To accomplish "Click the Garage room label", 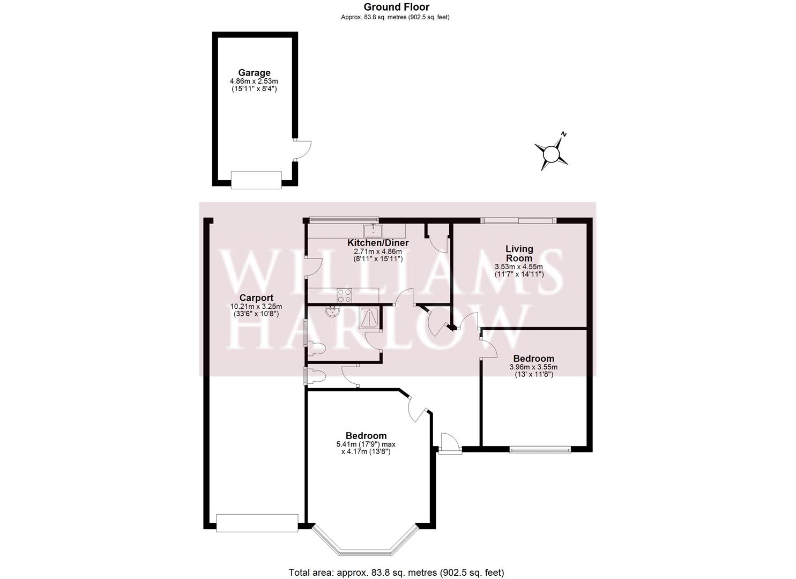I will click(x=254, y=73).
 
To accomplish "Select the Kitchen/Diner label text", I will click(x=381, y=243).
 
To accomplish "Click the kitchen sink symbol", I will click(x=373, y=231).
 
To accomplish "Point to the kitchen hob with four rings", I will click(x=344, y=295).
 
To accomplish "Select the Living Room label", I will click(x=519, y=253).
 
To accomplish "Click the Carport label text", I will click(x=256, y=298).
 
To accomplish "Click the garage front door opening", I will click(x=256, y=180).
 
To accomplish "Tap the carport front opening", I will click(x=257, y=523).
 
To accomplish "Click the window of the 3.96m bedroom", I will click(x=540, y=449).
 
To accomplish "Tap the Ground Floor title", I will click(x=396, y=7).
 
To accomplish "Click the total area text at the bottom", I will click(x=396, y=573).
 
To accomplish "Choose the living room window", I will click(x=518, y=220).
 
